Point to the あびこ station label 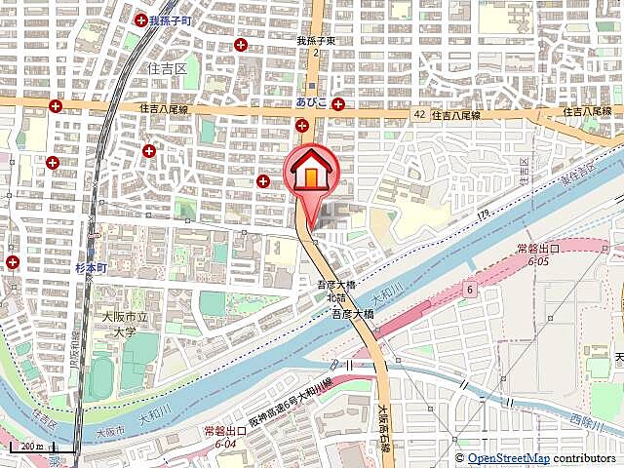click(311, 101)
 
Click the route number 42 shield click(418, 114)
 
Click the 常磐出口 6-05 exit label click(538, 254)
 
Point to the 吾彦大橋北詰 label click(334, 291)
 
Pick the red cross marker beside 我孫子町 click(142, 19)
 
